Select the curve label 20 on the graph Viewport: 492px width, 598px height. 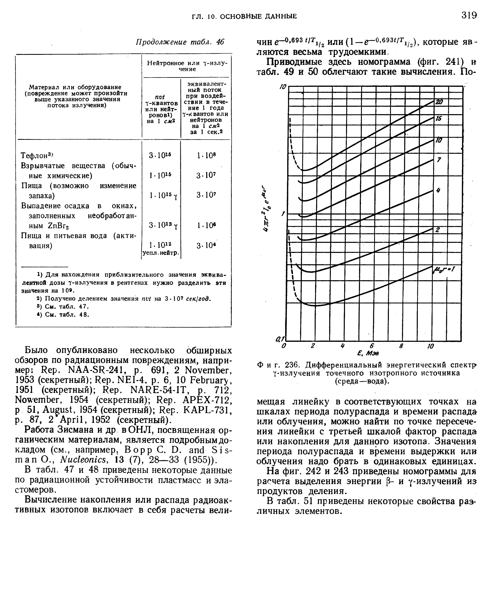[x=439, y=102]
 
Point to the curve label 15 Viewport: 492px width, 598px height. [x=438, y=119]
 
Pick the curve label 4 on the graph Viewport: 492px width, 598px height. [x=438, y=191]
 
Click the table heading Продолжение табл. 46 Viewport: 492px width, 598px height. [x=180, y=42]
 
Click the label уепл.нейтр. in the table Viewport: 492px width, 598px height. [x=161, y=253]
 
